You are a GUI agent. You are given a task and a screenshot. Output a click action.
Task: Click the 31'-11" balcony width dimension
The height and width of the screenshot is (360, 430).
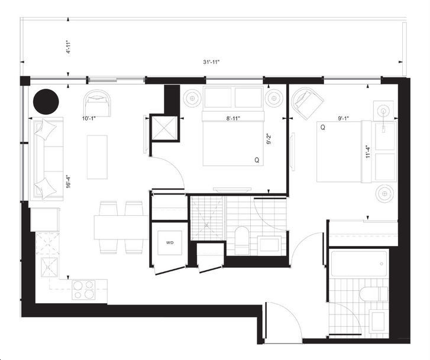click(x=211, y=62)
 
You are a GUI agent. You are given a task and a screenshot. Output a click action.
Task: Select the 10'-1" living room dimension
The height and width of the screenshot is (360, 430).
click(x=89, y=118)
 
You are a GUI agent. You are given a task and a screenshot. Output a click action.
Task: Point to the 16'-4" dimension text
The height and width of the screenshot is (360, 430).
click(x=69, y=181)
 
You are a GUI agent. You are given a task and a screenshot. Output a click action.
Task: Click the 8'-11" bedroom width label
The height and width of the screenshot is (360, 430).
click(x=233, y=118)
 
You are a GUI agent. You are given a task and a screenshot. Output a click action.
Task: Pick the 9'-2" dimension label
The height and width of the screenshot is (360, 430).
click(x=269, y=139)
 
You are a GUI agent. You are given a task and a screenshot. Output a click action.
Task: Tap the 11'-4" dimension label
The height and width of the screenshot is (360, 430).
click(x=368, y=153)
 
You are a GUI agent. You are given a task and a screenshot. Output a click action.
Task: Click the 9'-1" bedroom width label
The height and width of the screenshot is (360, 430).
click(x=343, y=118)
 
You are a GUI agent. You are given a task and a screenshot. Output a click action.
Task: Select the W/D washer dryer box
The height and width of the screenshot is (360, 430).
click(x=170, y=243)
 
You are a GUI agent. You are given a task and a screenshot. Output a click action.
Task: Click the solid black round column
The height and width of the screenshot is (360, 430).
click(x=46, y=102)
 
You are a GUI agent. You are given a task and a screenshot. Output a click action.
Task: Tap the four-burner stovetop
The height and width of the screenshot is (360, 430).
click(x=83, y=290)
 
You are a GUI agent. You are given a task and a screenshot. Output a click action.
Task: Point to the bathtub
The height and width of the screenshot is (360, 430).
click(x=359, y=264)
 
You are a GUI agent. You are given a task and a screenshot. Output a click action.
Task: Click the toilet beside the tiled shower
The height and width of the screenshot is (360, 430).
click(x=241, y=241)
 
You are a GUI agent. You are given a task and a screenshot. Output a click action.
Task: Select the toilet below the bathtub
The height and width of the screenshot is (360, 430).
click(x=373, y=294)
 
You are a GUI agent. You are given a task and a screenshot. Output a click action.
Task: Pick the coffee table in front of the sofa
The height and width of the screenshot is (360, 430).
click(x=97, y=157)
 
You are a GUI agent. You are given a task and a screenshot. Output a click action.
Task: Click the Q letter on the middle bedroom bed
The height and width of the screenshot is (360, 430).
click(x=257, y=160)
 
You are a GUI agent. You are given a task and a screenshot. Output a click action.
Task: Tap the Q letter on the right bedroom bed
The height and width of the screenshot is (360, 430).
click(x=323, y=128)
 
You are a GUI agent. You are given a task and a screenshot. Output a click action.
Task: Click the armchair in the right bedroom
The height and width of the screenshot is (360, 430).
click(x=307, y=103)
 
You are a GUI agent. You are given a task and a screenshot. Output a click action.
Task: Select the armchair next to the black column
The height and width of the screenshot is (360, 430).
click(x=97, y=103)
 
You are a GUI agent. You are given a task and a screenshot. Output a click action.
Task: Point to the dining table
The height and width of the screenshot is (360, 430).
click(x=121, y=228)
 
